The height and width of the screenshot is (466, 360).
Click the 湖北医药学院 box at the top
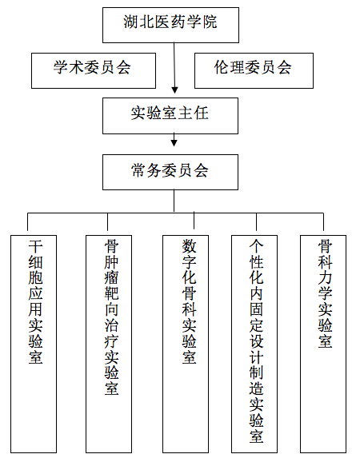170,26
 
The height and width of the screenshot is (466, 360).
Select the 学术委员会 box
94,70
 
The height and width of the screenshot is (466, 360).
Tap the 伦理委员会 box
254,70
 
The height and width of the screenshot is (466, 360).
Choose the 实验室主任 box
170,116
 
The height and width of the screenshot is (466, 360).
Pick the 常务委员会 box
170,172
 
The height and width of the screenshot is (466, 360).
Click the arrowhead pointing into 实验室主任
174,90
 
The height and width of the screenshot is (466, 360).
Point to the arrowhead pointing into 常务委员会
174,143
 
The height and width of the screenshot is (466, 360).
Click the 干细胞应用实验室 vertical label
35,301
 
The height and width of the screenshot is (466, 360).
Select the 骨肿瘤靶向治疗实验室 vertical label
111,317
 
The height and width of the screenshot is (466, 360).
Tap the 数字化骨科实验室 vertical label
189,301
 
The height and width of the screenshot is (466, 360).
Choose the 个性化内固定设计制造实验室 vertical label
256,341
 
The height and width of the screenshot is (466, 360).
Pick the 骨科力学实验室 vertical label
325,293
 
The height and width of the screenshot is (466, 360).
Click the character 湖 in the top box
131,22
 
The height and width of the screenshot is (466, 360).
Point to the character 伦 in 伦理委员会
222,67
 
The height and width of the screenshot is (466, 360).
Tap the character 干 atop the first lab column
35,246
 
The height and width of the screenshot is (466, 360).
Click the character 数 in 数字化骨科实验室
189,246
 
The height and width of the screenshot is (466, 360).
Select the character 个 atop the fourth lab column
256,246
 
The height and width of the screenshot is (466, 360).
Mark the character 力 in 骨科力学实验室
325,277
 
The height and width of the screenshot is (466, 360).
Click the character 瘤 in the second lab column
111,277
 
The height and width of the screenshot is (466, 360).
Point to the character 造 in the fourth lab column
256,388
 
